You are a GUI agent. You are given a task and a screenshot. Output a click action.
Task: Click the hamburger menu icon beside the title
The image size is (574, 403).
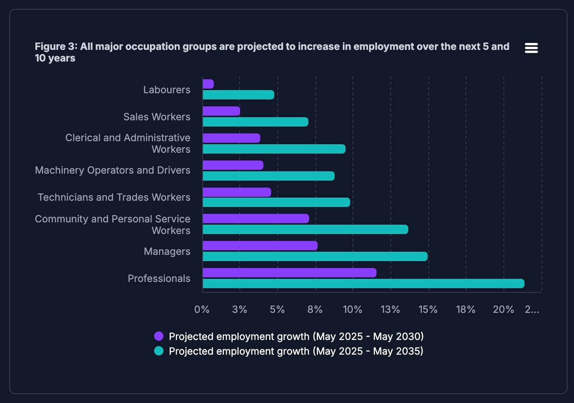coord(531,48)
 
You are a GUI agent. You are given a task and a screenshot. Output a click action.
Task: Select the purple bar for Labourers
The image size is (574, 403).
coord(208,84)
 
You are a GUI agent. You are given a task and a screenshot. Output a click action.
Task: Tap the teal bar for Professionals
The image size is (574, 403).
coord(363,283)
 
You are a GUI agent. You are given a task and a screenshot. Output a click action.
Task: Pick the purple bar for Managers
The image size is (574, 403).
coord(260,246)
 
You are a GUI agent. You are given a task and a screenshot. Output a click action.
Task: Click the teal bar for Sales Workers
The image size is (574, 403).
coord(255,122)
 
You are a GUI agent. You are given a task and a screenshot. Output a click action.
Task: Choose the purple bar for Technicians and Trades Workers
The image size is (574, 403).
coord(237,192)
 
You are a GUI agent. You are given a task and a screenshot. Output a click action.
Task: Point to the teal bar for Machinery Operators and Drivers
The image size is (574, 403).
coord(268,176)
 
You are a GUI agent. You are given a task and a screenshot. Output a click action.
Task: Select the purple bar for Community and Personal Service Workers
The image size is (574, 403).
coord(256,219)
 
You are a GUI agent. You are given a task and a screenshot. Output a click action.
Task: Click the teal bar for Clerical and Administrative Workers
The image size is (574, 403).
coord(274,149)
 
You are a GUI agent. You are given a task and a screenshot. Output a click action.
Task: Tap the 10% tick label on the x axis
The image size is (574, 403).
coord(352,309)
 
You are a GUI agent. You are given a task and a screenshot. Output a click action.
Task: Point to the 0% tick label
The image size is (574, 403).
coord(202,309)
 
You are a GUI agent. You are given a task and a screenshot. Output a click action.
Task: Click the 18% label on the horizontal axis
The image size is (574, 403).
coord(466,309)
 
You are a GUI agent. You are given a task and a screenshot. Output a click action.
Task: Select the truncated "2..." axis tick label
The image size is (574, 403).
coord(532,309)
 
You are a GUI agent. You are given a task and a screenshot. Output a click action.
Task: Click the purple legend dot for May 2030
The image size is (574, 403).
coord(159,336)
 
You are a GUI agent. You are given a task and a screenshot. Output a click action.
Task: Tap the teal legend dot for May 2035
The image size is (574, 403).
coord(159,351)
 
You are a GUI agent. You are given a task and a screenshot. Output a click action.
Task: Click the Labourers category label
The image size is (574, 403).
coord(167,90)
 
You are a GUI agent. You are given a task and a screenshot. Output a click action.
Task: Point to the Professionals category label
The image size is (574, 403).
coord(159,278)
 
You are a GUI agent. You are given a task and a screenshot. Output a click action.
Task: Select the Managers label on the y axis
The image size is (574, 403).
coord(167,251)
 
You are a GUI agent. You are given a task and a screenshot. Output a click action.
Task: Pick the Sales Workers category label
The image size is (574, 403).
coord(157,117)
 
